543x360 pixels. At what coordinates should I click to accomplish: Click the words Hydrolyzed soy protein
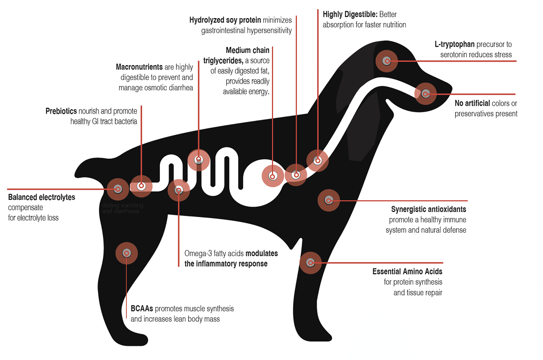pos(225,21)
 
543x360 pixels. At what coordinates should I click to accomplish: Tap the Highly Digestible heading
pos(350,14)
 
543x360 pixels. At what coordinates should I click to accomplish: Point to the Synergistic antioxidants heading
pos(428,210)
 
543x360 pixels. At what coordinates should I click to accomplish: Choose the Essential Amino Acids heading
pos(407,271)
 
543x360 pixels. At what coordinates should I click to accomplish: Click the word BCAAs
pos(142,309)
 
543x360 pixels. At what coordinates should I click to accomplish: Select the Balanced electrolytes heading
pos(42,197)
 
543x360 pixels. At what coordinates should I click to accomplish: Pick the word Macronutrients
pos(139,67)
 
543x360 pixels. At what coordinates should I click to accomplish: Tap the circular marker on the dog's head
pos(387,61)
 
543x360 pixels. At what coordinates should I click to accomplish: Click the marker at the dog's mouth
pos(425,93)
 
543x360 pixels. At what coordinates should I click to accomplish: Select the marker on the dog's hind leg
pos(126,253)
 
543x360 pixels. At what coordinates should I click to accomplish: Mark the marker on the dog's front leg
pos(310,263)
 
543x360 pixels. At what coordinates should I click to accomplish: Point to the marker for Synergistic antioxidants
pos(328,200)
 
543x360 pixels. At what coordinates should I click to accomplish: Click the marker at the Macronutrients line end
pos(198,160)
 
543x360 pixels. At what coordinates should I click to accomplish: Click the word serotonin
pos(454,54)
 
